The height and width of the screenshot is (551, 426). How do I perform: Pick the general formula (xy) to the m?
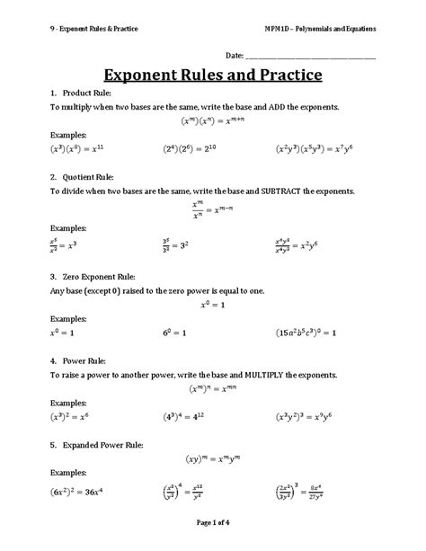pos(212,458)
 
